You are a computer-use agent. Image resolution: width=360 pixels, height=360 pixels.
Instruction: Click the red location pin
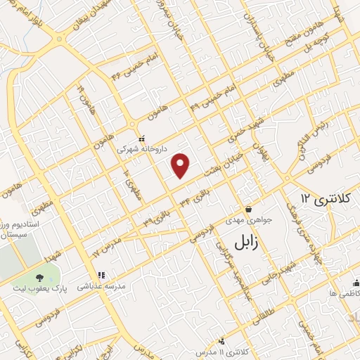181,165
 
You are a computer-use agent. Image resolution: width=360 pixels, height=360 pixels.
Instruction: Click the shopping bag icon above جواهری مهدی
249,209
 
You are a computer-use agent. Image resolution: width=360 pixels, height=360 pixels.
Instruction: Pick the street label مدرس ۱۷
105,246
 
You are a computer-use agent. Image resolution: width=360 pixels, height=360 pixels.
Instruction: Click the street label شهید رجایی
285,262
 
